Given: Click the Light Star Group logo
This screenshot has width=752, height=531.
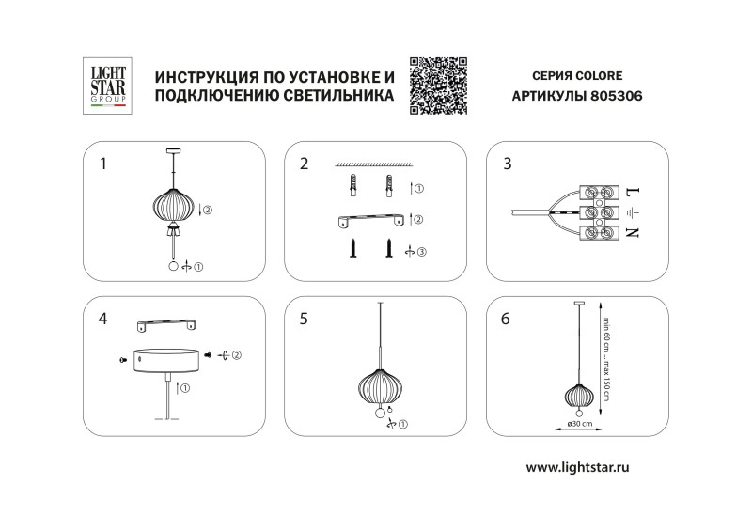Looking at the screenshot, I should (106, 87).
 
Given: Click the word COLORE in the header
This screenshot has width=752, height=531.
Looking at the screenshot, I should (598, 75).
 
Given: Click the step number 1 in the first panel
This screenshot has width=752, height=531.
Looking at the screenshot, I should (102, 164).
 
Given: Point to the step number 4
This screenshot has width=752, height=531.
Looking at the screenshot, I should (102, 319).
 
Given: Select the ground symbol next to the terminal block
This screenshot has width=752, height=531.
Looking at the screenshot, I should (632, 212).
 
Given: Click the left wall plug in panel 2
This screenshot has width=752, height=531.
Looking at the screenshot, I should (354, 187).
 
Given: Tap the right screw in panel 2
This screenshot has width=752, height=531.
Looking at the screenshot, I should (387, 250).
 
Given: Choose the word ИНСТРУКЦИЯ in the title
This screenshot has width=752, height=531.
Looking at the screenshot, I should (208, 76).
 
